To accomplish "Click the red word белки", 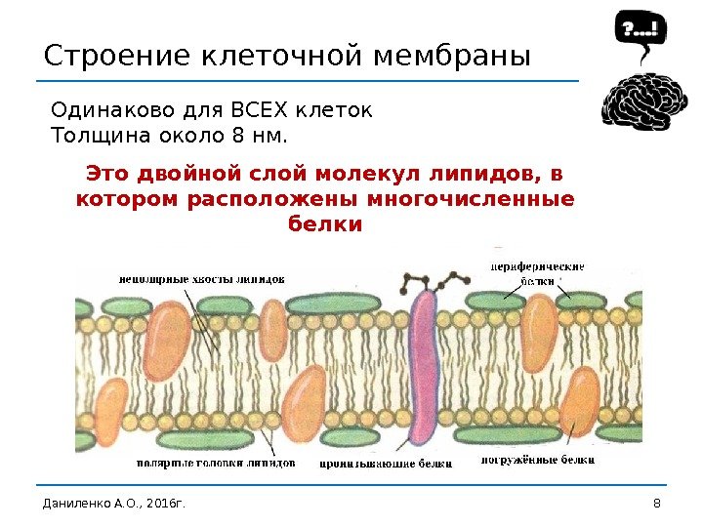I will coord(326,223).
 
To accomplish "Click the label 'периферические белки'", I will coord(536,272).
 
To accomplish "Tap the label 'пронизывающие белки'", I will coord(386,463).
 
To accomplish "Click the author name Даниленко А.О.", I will coord(82,504).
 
